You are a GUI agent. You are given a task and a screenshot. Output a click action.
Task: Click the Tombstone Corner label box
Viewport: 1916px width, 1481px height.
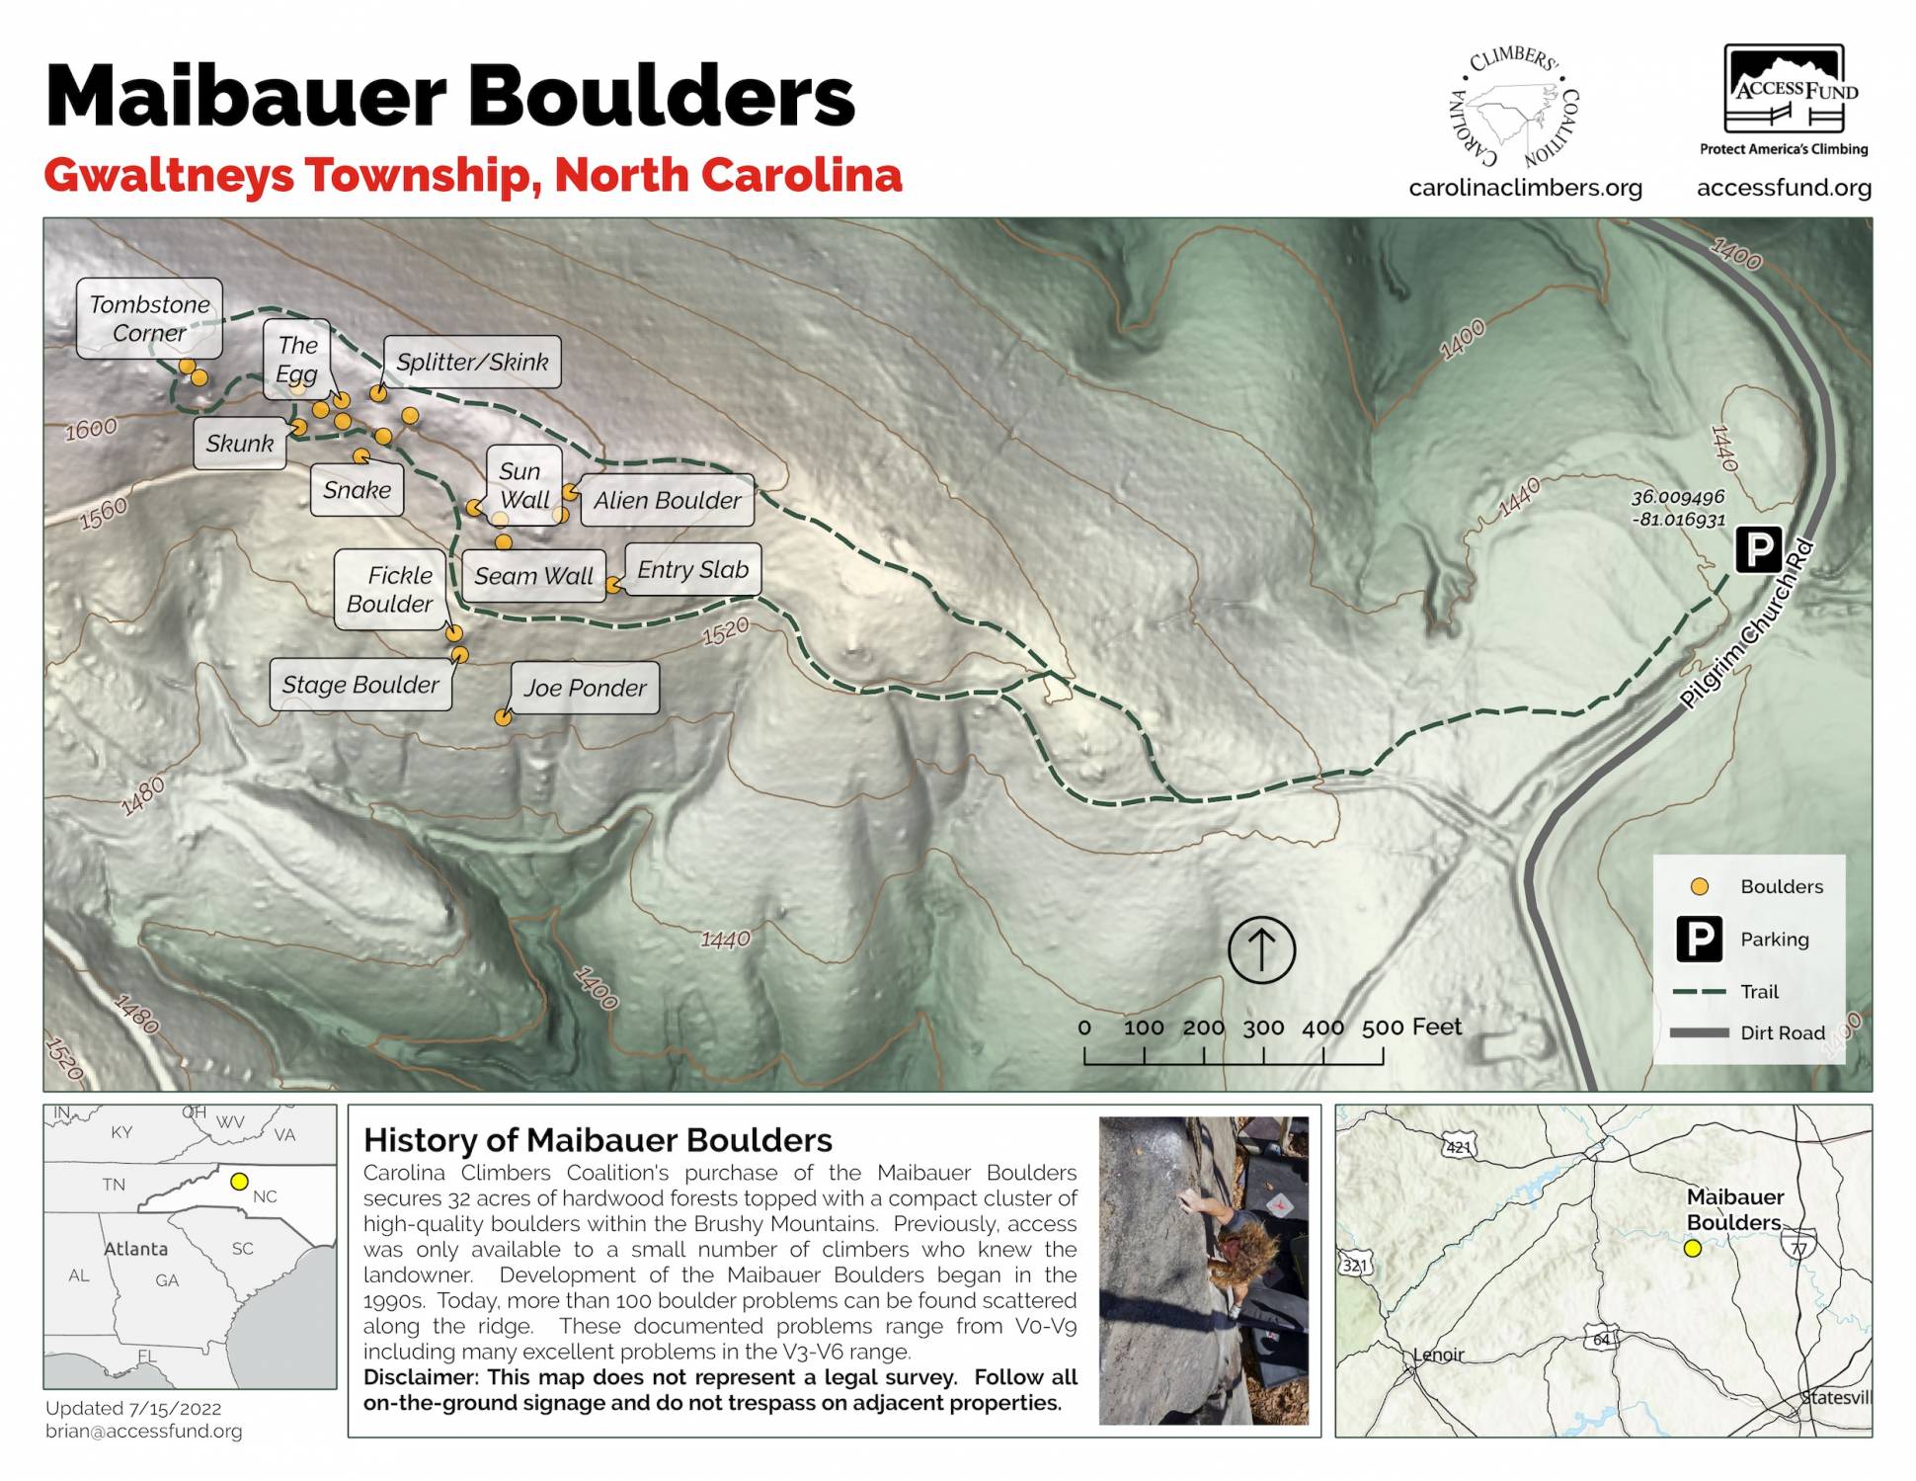click(149, 318)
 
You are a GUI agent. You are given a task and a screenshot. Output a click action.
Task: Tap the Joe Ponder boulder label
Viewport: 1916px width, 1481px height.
click(585, 688)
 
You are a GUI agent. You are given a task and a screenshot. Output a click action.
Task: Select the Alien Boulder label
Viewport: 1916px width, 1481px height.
click(667, 500)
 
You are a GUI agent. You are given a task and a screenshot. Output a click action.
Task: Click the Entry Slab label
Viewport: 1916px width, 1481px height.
click(692, 570)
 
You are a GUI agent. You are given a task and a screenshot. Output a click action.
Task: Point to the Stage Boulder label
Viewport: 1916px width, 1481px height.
click(360, 685)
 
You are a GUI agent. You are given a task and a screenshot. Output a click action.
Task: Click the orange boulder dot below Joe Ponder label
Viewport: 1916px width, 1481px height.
click(503, 718)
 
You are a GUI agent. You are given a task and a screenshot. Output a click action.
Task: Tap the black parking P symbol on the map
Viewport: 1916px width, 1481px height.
click(1758, 549)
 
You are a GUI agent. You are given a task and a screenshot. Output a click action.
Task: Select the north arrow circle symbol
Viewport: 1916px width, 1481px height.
click(1261, 949)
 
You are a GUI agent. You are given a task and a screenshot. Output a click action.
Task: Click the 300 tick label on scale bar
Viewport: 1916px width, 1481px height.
click(1263, 1028)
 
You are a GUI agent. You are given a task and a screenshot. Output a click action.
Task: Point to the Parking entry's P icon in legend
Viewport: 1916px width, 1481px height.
click(1699, 939)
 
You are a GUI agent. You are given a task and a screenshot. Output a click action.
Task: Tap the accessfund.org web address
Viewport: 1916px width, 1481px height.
click(1784, 188)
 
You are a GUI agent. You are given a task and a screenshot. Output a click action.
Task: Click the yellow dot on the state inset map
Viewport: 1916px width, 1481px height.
click(238, 1181)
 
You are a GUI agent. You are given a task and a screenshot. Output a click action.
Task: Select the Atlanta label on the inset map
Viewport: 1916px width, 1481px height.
click(136, 1249)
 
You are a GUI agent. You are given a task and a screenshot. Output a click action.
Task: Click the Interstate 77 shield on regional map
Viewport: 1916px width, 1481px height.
click(1799, 1249)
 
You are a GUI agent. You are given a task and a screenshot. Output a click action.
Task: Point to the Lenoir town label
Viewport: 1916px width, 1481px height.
click(1439, 1355)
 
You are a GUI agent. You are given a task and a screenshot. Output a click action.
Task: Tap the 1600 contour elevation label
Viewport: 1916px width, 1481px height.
click(91, 429)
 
